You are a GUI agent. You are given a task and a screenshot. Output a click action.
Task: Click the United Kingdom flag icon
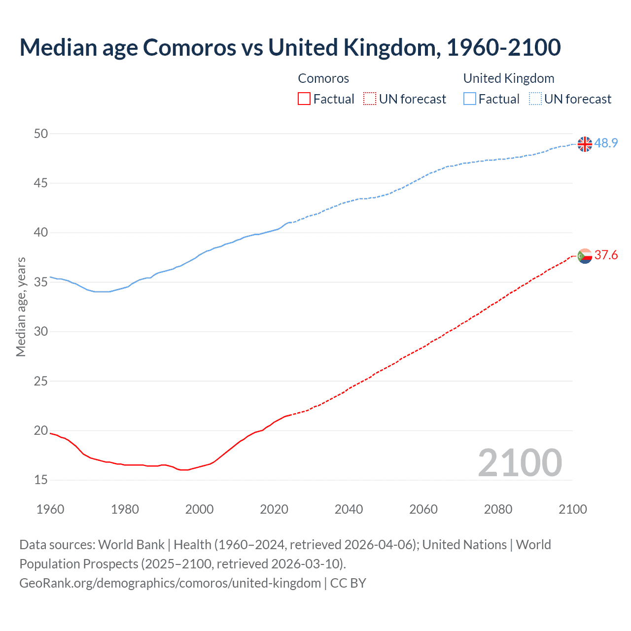[585, 144]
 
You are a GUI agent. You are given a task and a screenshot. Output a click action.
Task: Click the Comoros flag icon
[585, 256]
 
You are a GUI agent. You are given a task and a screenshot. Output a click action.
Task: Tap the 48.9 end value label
[606, 143]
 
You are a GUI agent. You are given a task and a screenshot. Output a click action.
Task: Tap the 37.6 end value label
[606, 255]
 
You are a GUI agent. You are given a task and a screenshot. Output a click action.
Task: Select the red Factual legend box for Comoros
[304, 99]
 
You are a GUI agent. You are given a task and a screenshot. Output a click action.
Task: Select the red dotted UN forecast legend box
[370, 99]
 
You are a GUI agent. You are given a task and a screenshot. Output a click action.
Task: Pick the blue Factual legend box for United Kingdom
[469, 99]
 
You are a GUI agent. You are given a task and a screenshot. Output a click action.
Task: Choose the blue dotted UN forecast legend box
[535, 99]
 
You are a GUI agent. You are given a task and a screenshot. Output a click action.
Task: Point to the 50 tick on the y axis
[41, 134]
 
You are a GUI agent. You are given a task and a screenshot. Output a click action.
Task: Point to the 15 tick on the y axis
[41, 480]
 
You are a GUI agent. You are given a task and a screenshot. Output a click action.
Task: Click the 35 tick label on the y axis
[41, 282]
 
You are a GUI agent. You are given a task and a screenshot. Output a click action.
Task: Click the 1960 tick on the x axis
[50, 509]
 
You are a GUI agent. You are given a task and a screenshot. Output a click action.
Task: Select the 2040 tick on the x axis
[349, 509]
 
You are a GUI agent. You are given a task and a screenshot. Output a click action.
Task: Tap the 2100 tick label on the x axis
[572, 509]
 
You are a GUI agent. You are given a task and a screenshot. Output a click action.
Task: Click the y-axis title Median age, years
[21, 307]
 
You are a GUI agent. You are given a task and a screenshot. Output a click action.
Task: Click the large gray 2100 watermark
[520, 462]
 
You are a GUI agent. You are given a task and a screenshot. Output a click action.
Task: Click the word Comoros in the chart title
[189, 47]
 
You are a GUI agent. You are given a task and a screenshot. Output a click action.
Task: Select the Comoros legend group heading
[323, 78]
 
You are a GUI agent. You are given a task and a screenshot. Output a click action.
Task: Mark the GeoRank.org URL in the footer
[170, 583]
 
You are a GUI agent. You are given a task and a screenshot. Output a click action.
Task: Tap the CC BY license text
[348, 583]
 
